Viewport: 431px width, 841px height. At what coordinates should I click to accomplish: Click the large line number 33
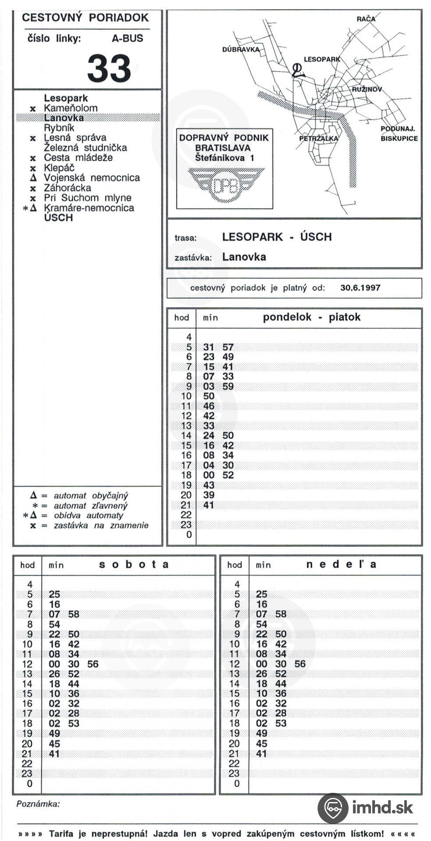109,68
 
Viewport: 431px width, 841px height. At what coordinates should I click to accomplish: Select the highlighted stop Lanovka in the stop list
64,118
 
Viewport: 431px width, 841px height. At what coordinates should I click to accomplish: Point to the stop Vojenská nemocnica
92,178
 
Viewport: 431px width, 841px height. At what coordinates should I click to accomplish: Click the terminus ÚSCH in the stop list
58,218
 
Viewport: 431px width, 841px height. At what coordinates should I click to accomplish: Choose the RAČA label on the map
366,19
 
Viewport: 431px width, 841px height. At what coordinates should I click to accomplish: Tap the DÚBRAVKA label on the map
241,49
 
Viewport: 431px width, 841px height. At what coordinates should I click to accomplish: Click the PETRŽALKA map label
318,138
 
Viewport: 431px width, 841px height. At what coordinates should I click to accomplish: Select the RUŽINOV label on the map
367,89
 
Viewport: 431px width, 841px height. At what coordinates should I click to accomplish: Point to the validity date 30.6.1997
360,288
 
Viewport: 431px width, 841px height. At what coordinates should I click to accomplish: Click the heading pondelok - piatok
311,317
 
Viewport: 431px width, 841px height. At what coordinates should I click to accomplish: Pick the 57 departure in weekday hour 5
228,347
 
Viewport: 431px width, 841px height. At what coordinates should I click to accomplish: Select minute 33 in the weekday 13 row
209,426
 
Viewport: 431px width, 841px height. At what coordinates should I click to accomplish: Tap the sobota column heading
134,564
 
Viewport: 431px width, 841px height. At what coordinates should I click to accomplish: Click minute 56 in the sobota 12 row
93,664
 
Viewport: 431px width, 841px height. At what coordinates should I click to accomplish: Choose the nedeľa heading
341,564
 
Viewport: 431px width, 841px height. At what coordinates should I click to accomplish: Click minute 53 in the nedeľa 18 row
281,723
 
